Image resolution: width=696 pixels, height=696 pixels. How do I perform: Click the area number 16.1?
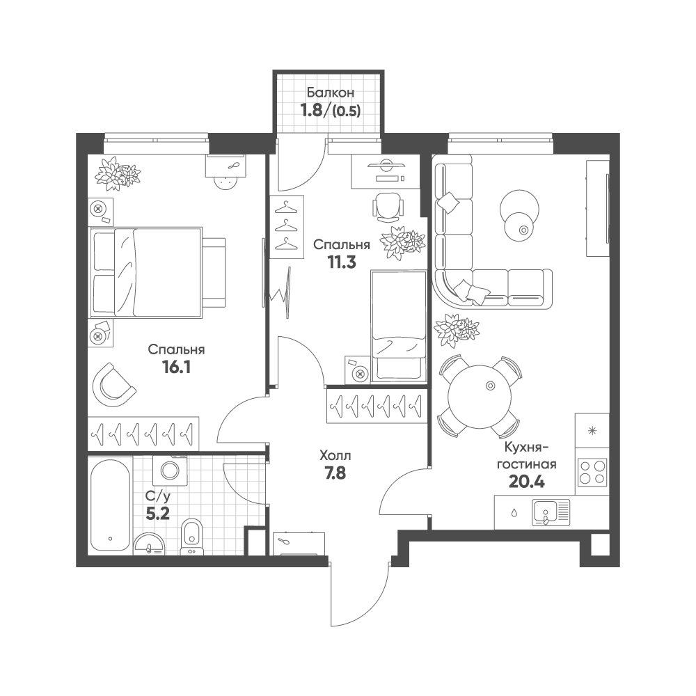point(176,367)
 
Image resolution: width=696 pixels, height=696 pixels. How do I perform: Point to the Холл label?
point(335,456)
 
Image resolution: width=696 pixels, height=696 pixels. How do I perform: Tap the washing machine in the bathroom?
point(170,470)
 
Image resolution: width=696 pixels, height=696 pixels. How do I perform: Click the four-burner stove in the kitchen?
point(592,472)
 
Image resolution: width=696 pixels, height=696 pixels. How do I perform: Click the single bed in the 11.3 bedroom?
point(397,326)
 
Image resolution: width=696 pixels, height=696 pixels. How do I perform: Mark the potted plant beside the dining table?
point(457,331)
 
